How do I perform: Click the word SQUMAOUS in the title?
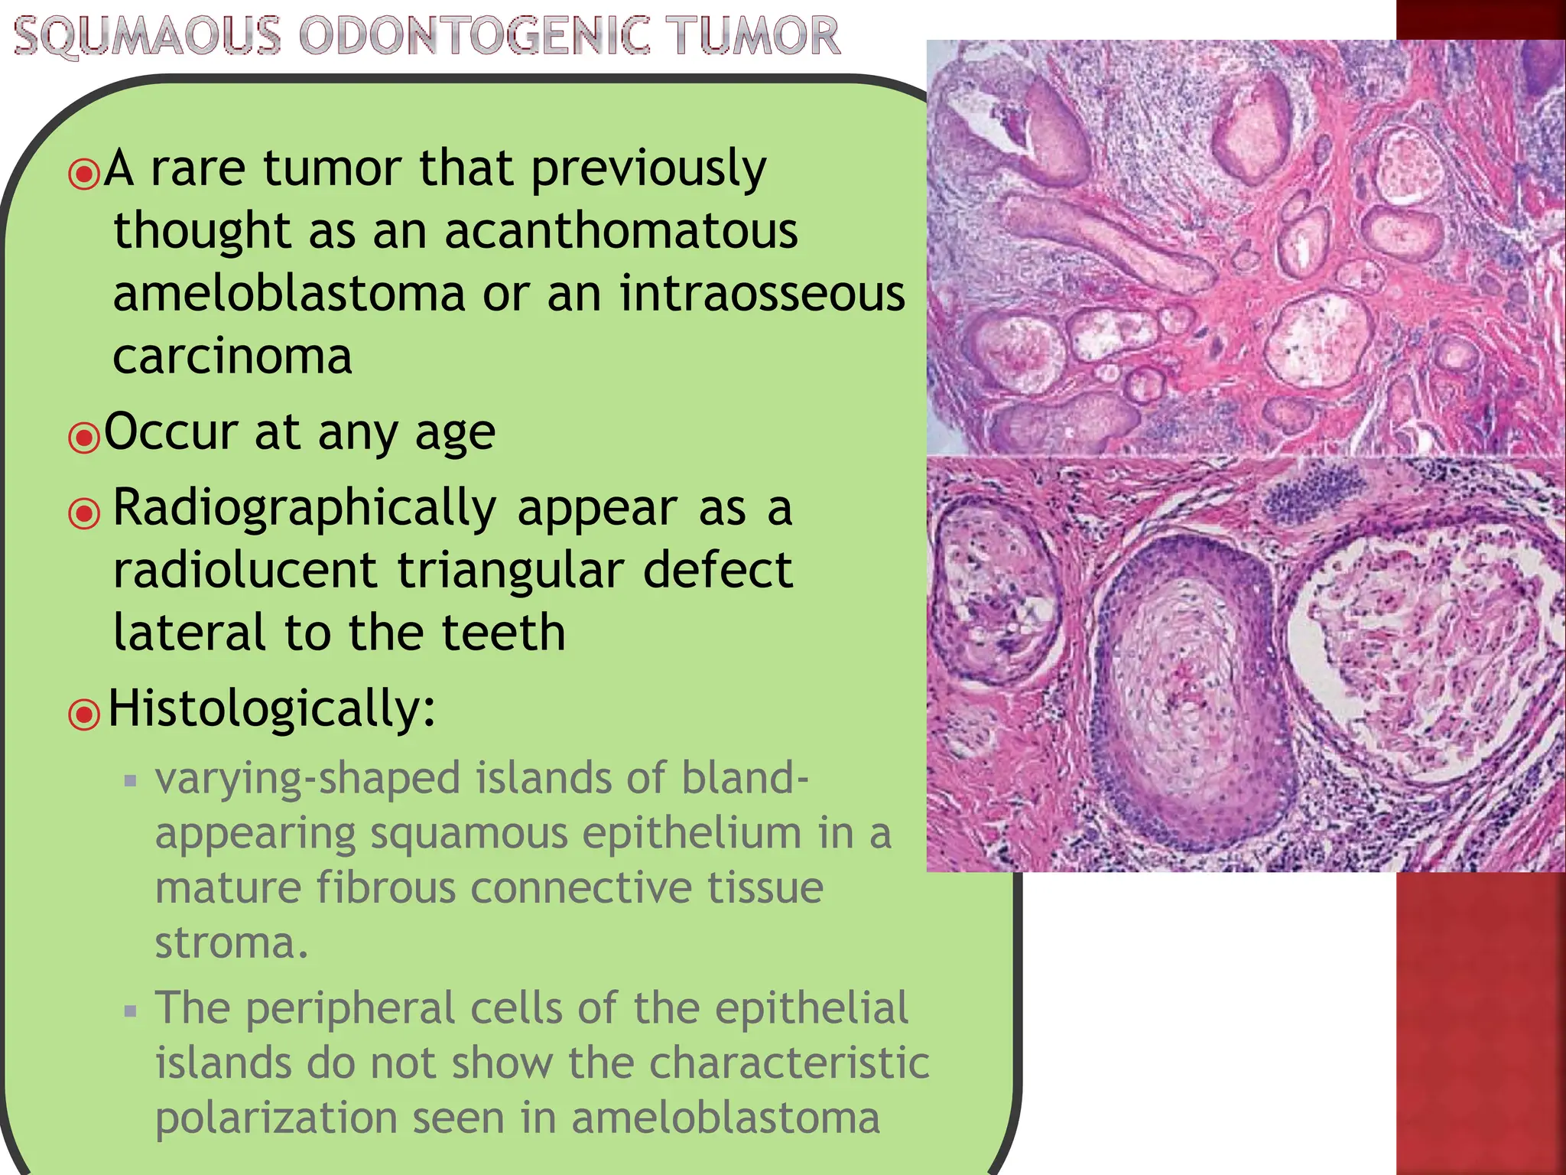point(148,36)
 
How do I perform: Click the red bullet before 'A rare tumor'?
point(84,174)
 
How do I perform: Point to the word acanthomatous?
point(621,231)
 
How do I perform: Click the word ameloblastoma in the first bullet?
point(289,294)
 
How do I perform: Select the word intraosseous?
point(762,294)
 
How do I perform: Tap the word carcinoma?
point(232,356)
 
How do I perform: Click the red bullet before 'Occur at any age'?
point(84,438)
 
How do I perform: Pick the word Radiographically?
point(304,509)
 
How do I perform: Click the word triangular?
point(510,571)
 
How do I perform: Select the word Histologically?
point(271,708)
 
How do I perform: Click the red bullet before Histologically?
point(84,714)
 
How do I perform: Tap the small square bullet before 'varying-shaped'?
point(131,781)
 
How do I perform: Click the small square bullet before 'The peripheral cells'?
point(131,1011)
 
